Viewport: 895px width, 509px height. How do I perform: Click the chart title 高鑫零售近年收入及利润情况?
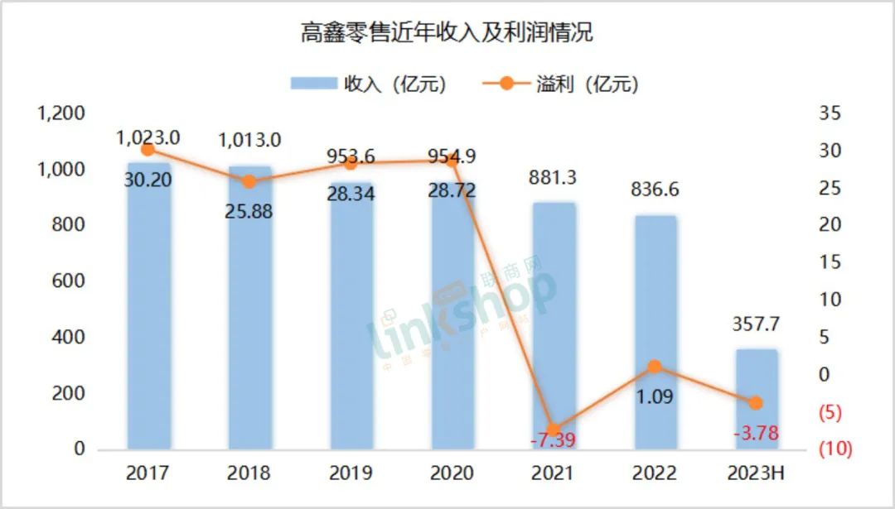(447, 33)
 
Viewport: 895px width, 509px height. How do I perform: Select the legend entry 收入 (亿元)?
(368, 84)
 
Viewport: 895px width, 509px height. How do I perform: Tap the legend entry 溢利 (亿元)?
(560, 84)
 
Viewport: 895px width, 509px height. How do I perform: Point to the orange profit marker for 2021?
(554, 430)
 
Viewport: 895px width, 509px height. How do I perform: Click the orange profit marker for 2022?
(655, 367)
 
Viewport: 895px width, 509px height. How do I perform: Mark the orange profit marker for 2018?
(249, 182)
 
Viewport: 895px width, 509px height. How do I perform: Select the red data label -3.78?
(755, 433)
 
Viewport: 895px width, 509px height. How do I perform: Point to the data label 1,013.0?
(249, 139)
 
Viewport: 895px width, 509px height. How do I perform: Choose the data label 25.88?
(249, 210)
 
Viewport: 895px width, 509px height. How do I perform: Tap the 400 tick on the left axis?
(68, 337)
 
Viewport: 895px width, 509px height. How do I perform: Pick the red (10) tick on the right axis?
(836, 449)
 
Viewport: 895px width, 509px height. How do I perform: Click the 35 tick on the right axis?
(830, 113)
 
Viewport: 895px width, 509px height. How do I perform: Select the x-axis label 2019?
(351, 473)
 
